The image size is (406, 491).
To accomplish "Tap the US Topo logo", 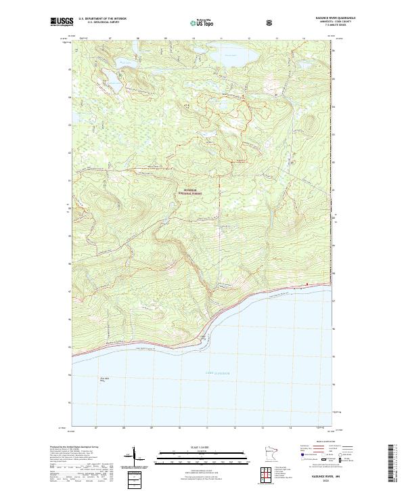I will tap(203, 23).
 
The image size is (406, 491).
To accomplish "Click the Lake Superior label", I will tap(218, 372).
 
